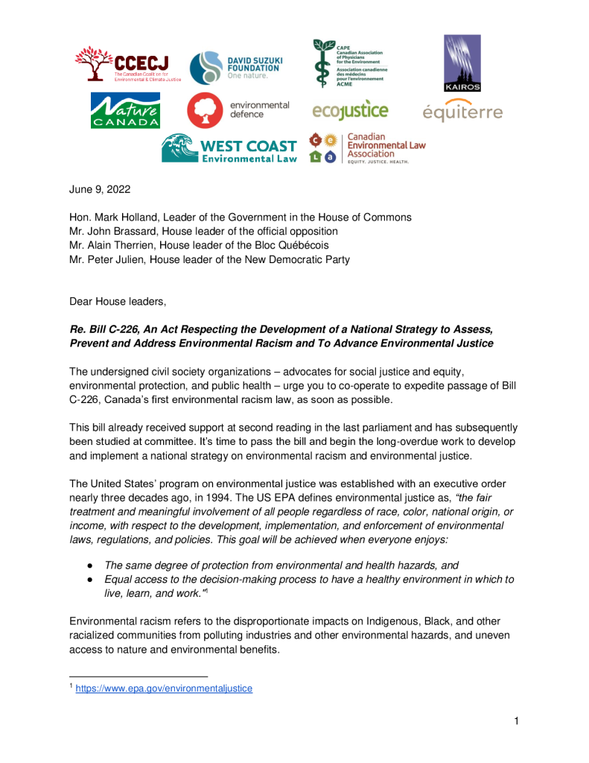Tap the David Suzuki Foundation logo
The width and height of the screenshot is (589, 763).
(x=235, y=68)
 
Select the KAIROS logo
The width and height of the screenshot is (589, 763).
(x=462, y=63)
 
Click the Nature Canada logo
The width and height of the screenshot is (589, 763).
(x=124, y=110)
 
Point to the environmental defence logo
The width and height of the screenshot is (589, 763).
(x=238, y=110)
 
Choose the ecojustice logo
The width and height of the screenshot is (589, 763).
(x=350, y=111)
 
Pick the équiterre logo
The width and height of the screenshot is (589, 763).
(x=462, y=112)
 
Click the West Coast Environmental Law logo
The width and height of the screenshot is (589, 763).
(x=229, y=148)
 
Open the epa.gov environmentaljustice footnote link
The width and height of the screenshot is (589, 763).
(x=164, y=688)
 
